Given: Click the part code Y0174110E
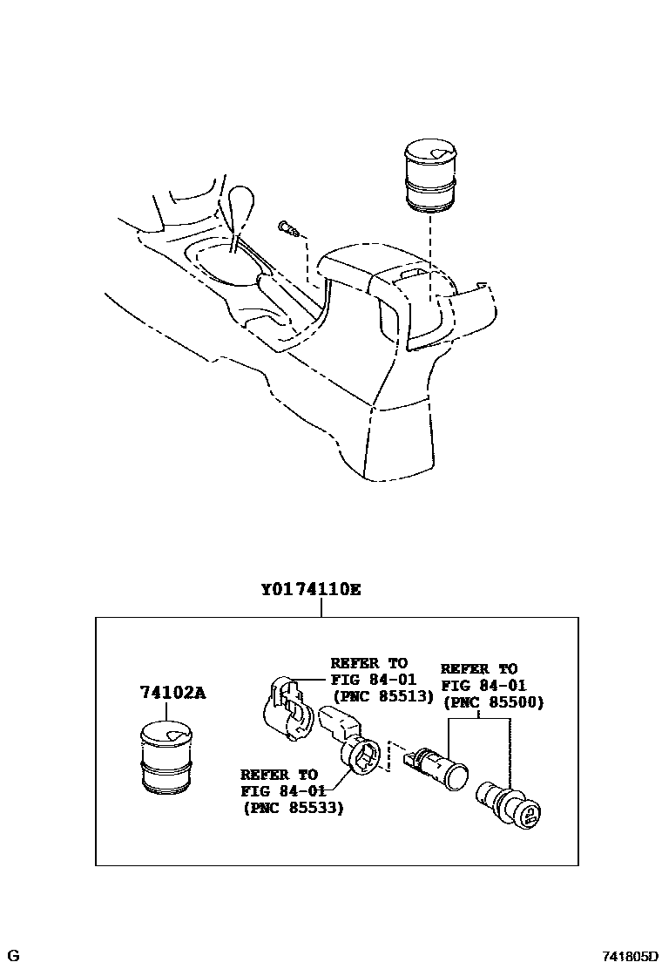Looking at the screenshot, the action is (x=310, y=589).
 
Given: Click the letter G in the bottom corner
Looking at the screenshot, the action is (x=14, y=957).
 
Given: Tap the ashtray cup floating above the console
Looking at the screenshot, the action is (x=431, y=178).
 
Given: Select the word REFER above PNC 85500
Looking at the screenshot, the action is (x=466, y=669).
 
